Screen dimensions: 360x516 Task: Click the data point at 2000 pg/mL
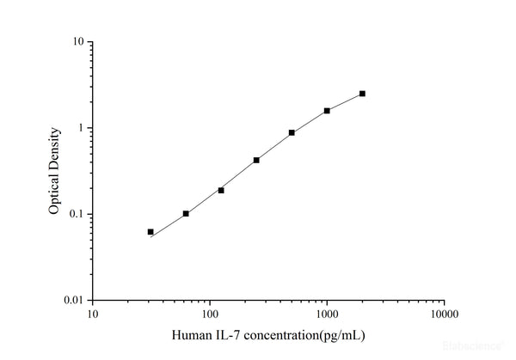tap(362, 94)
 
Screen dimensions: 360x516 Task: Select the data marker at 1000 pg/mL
tap(327, 111)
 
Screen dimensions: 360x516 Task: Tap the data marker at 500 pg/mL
tap(292, 132)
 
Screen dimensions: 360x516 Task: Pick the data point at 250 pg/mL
tap(256, 160)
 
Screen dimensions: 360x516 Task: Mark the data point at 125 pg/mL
tap(221, 190)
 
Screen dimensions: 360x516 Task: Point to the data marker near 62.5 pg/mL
tap(186, 213)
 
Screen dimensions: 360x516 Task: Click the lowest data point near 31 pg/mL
tap(150, 232)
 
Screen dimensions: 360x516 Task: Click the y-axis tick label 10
tap(77, 42)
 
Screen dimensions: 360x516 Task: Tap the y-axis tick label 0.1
tap(76, 214)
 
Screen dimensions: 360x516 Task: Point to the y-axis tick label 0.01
tap(73, 301)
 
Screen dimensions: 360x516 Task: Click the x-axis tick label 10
tap(92, 314)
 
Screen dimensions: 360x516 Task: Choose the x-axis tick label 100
tap(209, 314)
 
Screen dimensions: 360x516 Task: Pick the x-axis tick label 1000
tap(326, 314)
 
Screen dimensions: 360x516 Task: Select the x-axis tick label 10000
tap(443, 314)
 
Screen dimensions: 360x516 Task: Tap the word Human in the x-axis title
tap(192, 335)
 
